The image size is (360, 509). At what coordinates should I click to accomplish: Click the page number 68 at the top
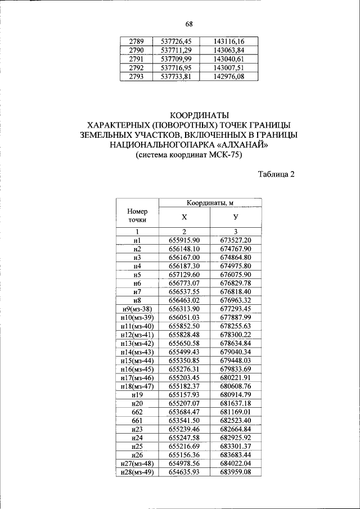tap(189, 24)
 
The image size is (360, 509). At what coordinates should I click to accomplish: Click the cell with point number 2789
tap(136, 41)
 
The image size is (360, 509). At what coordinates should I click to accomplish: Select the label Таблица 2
tap(276, 174)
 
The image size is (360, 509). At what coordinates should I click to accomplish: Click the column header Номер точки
tap(137, 216)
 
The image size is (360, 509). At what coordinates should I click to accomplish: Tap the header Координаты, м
tap(210, 202)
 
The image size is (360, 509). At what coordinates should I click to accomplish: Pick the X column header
tap(184, 217)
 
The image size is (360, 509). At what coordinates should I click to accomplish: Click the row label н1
tap(137, 240)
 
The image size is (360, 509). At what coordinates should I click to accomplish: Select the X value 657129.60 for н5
tap(184, 274)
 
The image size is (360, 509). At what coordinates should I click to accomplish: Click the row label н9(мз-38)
tap(137, 309)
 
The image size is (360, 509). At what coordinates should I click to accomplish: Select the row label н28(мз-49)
tap(137, 472)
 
